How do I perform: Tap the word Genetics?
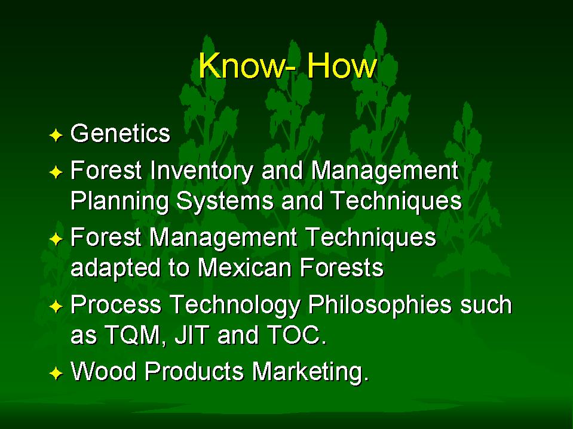[x=120, y=133]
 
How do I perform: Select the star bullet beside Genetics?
[x=56, y=135]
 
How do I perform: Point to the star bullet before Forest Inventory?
[x=56, y=172]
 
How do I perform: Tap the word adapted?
[x=115, y=268]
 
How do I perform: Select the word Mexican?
[x=244, y=268]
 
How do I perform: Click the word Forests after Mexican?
[x=342, y=268]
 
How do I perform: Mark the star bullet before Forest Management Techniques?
[x=56, y=239]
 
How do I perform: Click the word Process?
[x=116, y=305]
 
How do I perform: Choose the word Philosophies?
[x=380, y=305]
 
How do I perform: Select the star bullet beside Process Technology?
[x=56, y=307]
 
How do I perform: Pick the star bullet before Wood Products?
[x=56, y=374]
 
